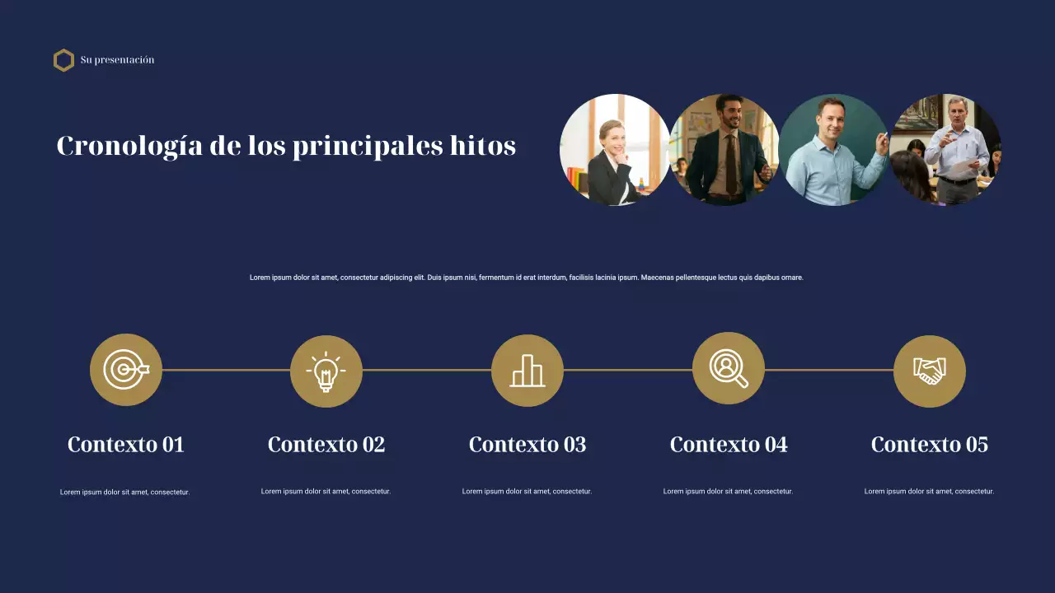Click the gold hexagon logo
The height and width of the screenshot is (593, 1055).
[x=63, y=60]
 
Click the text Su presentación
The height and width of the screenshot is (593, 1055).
[x=117, y=60]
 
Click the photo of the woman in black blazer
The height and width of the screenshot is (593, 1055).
[x=614, y=150]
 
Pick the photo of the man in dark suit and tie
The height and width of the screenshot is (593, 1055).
[x=724, y=150]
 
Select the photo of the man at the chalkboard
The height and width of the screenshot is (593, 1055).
[x=833, y=150]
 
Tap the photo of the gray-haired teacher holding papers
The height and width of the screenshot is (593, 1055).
[x=946, y=150]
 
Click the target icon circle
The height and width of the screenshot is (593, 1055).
[x=126, y=370]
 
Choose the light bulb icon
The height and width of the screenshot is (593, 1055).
[x=326, y=371]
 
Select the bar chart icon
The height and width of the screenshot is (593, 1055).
[x=527, y=371]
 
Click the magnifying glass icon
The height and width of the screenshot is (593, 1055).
[x=729, y=368]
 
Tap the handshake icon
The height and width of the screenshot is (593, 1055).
[x=930, y=371]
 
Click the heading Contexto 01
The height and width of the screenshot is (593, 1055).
[x=126, y=445]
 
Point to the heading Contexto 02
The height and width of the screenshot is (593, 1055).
[x=326, y=445]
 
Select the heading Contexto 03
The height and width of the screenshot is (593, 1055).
[x=527, y=445]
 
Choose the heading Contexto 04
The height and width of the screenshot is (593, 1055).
[x=729, y=445]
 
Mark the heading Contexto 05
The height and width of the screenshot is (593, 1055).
[x=930, y=445]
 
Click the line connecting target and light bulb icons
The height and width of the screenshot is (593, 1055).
[x=226, y=370]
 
